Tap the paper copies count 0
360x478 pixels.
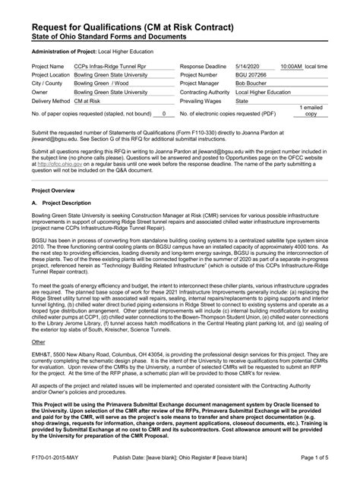point(164,113)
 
